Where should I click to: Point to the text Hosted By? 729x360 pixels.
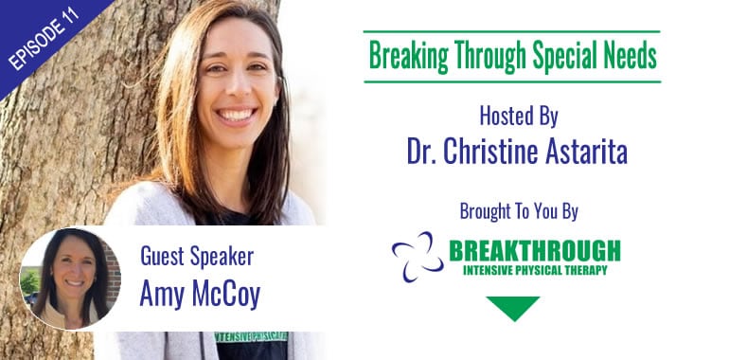[x=519, y=118]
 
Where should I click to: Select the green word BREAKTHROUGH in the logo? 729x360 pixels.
[x=535, y=250]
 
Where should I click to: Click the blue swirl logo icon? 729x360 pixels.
[x=417, y=256]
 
